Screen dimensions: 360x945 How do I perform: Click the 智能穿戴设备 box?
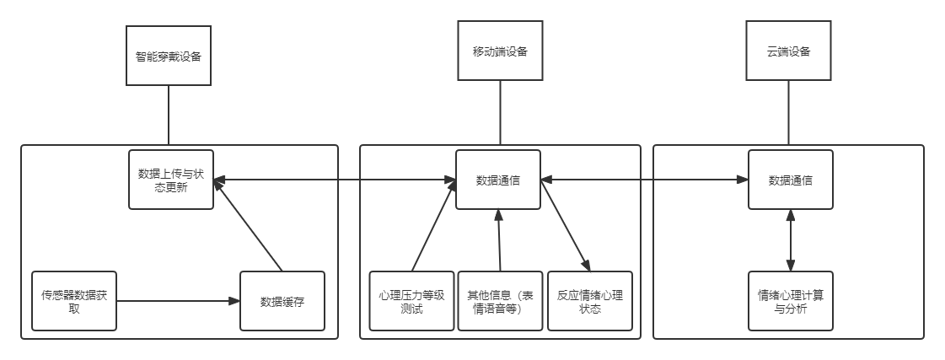[168, 56]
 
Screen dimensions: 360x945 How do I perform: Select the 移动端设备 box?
[500, 51]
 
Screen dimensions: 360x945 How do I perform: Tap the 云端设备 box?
[789, 51]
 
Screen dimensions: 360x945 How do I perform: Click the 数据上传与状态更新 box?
[170, 180]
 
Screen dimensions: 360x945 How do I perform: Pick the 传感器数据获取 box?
[73, 301]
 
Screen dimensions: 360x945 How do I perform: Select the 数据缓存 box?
[282, 301]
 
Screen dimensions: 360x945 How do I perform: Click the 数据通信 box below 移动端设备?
[498, 180]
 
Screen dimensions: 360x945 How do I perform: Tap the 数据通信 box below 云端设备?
[790, 180]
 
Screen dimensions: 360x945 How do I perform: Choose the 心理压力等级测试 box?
[412, 301]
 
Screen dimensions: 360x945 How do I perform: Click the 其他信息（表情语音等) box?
[500, 301]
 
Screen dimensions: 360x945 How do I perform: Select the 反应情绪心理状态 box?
[589, 301]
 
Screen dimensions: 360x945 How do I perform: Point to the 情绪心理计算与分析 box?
[790, 301]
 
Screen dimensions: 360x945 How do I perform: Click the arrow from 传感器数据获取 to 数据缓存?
[177, 300]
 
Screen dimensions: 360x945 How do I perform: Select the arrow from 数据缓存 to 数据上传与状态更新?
[249, 228]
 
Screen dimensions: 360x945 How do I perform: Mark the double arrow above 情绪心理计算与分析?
[790, 240]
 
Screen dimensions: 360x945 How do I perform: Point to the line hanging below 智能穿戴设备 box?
[168, 116]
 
